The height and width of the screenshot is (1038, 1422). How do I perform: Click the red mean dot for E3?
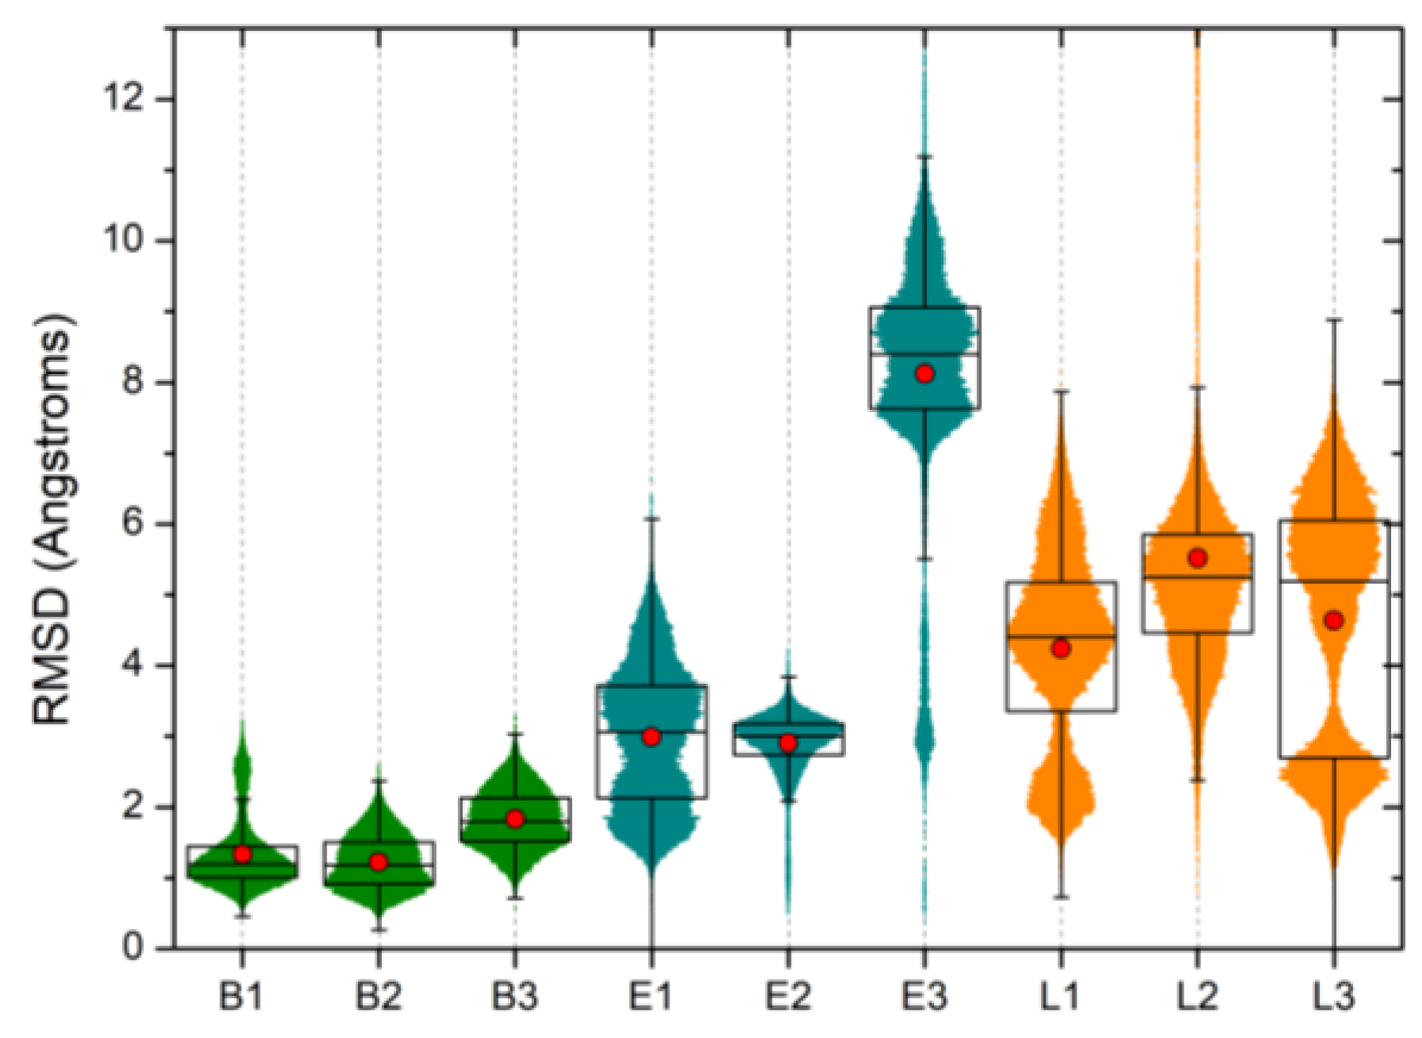tap(924, 373)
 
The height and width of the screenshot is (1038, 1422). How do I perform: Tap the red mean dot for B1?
tap(242, 854)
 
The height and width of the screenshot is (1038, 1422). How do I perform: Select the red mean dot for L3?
tap(1334, 620)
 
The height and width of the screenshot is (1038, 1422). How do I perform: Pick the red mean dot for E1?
tap(652, 737)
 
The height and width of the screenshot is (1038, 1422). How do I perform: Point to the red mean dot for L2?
tap(1198, 558)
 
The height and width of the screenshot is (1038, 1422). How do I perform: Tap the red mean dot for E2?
tap(787, 743)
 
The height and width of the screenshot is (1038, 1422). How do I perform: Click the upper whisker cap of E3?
tap(924, 157)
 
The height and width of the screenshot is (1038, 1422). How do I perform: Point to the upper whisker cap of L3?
tap(1334, 319)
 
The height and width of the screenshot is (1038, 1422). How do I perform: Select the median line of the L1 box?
tap(1061, 636)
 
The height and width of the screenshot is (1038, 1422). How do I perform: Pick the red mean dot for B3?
tap(516, 819)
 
